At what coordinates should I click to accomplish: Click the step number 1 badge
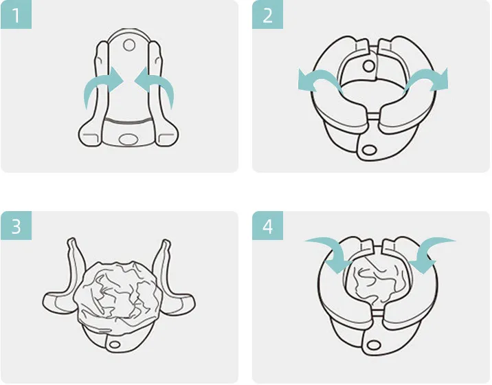16,14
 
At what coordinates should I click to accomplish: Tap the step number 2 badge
268,14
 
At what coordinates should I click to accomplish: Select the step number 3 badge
16,225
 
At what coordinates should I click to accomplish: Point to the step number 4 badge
268,225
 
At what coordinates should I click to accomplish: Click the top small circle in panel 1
129,45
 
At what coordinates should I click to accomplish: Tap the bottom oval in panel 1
128,138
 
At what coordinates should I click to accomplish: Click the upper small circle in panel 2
368,66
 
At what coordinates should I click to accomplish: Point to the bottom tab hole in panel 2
369,149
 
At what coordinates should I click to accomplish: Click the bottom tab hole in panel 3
115,345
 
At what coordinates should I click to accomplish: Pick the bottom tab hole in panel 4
373,345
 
